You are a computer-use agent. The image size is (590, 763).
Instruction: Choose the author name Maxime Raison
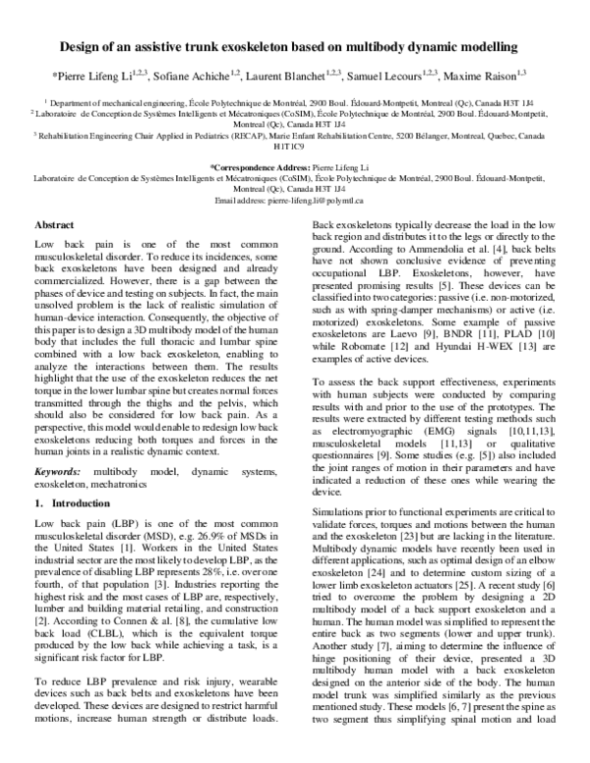473,76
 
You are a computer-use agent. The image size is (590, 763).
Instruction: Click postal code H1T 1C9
295,147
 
